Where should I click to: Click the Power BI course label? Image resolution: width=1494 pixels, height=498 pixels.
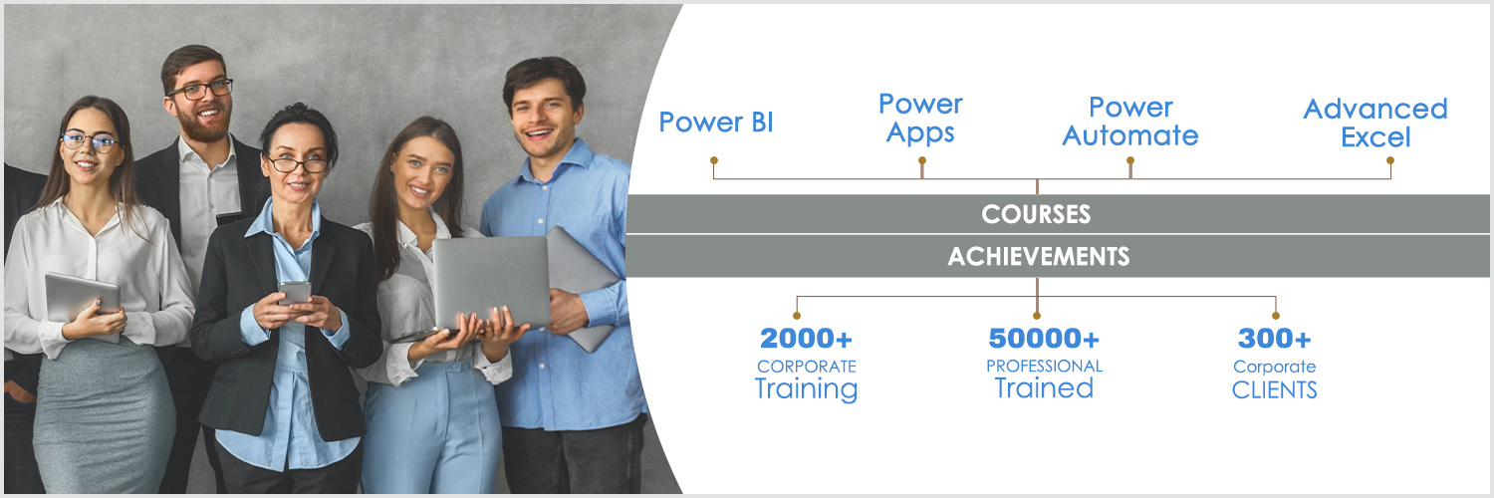tap(716, 122)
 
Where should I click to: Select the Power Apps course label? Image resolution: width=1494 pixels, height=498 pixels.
tap(920, 118)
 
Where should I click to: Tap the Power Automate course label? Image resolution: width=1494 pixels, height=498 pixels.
tap(1130, 122)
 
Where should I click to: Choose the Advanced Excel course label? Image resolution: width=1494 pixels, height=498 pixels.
tap(1375, 123)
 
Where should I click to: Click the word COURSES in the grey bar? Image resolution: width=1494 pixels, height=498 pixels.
tap(1036, 214)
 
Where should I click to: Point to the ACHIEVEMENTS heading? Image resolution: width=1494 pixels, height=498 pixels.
tap(1039, 256)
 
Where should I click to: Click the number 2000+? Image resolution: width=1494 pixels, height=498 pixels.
tap(806, 339)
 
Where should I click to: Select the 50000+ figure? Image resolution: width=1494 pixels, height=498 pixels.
tap(1044, 339)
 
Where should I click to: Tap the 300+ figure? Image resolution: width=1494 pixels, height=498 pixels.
tap(1274, 339)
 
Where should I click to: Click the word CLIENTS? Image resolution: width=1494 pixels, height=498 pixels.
tap(1274, 390)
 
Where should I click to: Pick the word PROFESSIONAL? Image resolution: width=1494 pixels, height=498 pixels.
tap(1044, 366)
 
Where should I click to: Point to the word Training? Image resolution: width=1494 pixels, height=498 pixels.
tap(806, 389)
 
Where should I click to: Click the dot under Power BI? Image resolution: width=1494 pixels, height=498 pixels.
tap(714, 160)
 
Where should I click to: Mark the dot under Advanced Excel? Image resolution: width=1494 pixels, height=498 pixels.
tap(1390, 160)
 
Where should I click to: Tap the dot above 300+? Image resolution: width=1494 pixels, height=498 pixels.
tap(1275, 316)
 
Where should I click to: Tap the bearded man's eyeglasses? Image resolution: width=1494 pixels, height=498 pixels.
tap(200, 90)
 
